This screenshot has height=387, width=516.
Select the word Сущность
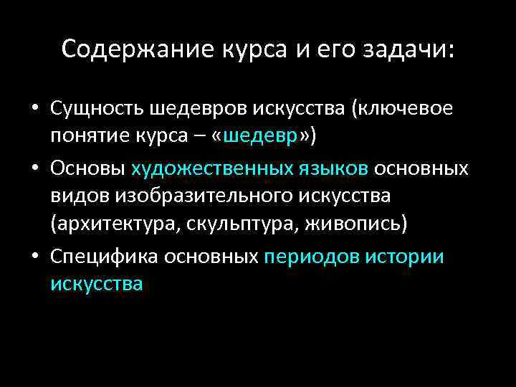click(97, 109)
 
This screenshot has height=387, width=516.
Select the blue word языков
click(330, 168)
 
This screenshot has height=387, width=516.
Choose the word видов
click(77, 196)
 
